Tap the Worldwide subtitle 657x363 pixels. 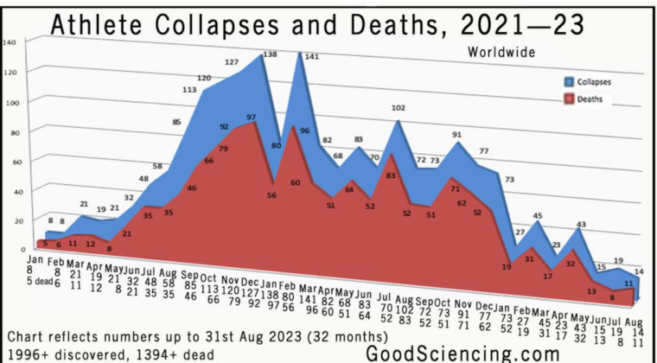point(501,51)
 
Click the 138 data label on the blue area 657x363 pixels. point(270,54)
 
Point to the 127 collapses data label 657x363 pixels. point(232,62)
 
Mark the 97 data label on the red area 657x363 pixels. point(252,117)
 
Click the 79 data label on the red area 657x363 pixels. point(224,150)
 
